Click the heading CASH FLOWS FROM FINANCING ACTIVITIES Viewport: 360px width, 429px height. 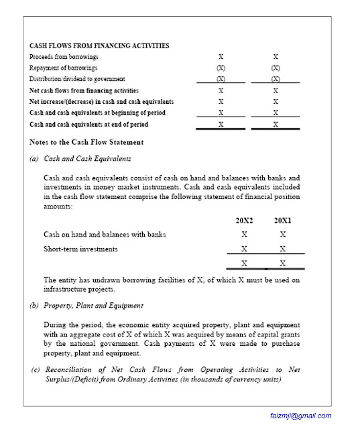tap(99, 46)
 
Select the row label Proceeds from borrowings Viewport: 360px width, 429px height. tap(64, 57)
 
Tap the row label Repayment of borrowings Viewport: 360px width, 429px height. tap(64, 68)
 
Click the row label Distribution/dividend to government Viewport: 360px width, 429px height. tap(77, 79)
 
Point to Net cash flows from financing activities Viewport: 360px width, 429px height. tap(84, 90)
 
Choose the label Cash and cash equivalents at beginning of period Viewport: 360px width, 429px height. tap(98, 113)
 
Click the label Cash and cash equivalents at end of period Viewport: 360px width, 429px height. tap(89, 124)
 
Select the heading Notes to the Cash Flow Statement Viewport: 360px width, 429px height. tap(86, 142)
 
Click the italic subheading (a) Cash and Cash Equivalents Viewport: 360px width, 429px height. tap(80, 159)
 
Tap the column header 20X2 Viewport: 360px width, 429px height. tap(244, 220)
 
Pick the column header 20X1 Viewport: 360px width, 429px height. tap(283, 220)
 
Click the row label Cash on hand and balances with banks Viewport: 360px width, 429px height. tap(105, 235)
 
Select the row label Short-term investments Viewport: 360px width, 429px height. tap(80, 249)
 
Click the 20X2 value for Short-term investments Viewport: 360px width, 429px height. tap(244, 249)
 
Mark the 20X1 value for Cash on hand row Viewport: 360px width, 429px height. tap(283, 235)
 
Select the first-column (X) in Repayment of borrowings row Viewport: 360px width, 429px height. tap(221, 68)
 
